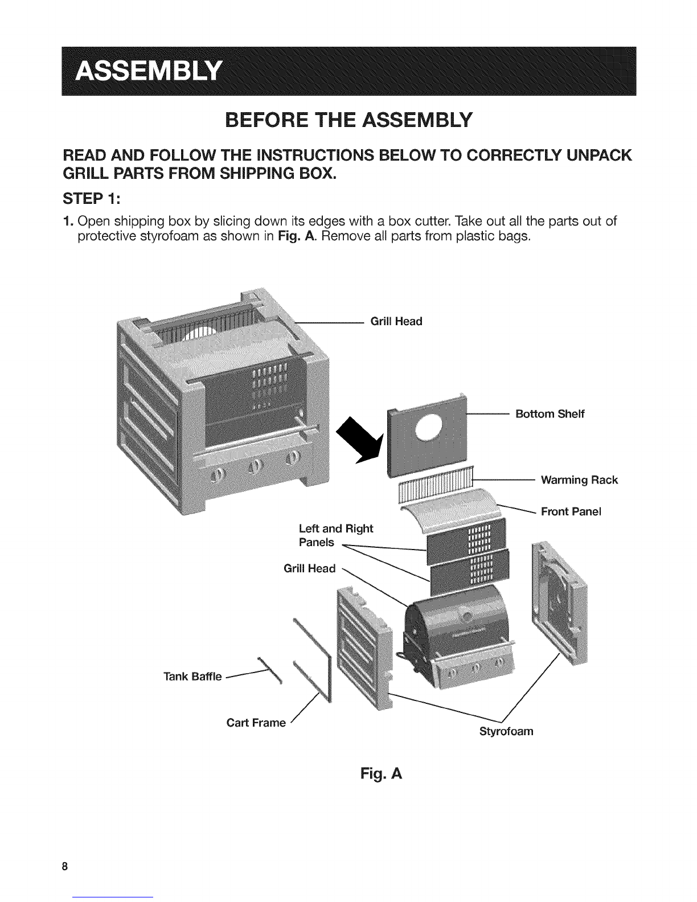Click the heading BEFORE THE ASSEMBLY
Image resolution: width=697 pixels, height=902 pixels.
point(348,120)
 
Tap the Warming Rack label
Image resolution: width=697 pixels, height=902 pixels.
point(579,479)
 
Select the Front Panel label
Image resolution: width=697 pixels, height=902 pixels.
point(571,511)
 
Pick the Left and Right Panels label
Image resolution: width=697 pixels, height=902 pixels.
point(336,535)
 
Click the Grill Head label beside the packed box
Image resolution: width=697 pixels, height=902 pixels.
point(396,321)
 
